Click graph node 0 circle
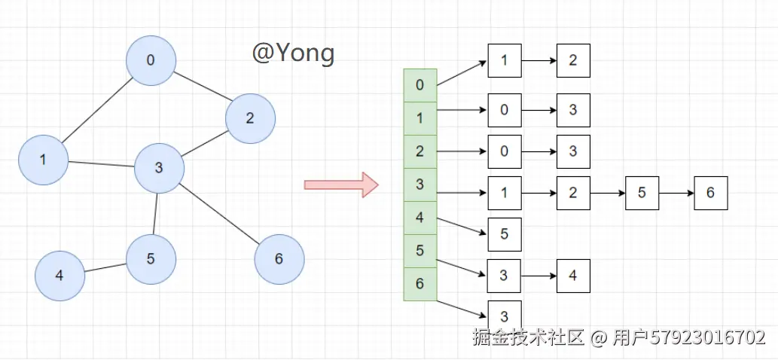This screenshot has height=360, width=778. click(151, 60)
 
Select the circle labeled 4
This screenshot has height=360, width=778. click(59, 276)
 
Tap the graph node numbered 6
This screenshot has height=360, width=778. click(279, 259)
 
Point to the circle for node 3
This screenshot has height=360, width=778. click(159, 168)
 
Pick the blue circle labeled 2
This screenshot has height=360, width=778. click(250, 118)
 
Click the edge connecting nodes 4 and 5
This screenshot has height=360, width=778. click(105, 267)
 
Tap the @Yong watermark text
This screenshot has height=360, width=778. click(293, 53)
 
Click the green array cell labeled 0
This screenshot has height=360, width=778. click(420, 85)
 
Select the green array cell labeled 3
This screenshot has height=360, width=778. click(420, 185)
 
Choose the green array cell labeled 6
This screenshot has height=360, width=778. click(420, 284)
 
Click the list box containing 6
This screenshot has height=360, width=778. click(710, 193)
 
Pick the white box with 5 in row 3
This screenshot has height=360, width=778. click(642, 193)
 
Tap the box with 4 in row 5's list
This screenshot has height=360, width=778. click(573, 276)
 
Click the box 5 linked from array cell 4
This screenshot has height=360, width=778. click(505, 234)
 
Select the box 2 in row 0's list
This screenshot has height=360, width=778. click(573, 60)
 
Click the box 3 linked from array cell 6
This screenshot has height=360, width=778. click(505, 316)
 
